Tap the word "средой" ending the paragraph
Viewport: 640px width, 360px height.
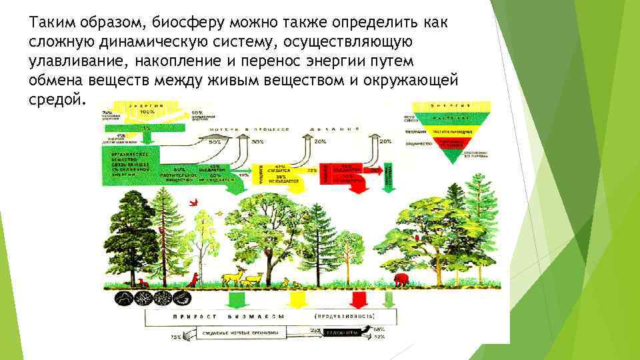(57, 100)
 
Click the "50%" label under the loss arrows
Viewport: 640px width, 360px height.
(216, 142)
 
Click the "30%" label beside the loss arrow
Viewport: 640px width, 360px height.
(257, 142)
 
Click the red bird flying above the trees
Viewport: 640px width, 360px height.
(194, 201)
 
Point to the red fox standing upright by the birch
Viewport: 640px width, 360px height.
(193, 279)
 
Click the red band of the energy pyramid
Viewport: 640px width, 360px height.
(452, 141)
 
